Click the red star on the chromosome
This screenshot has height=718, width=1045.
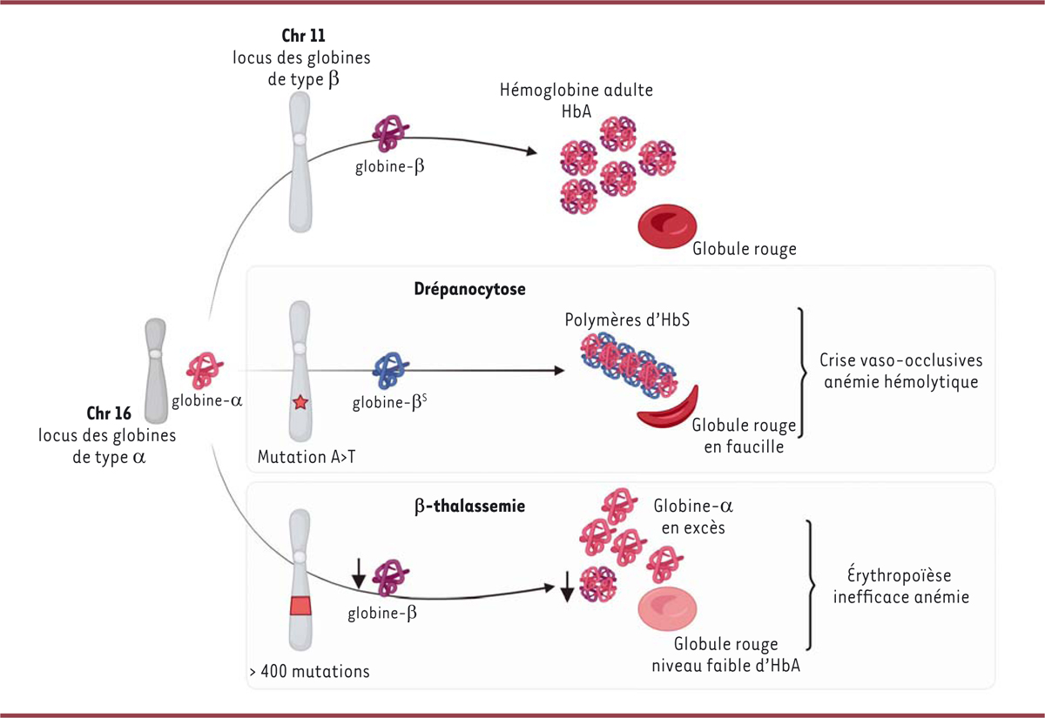coord(300,402)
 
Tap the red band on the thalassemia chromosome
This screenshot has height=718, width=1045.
coord(300,606)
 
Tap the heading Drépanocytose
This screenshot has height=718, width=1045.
coord(470,290)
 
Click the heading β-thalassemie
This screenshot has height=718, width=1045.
coord(475,505)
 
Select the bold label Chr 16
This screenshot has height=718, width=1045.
coord(109,413)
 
